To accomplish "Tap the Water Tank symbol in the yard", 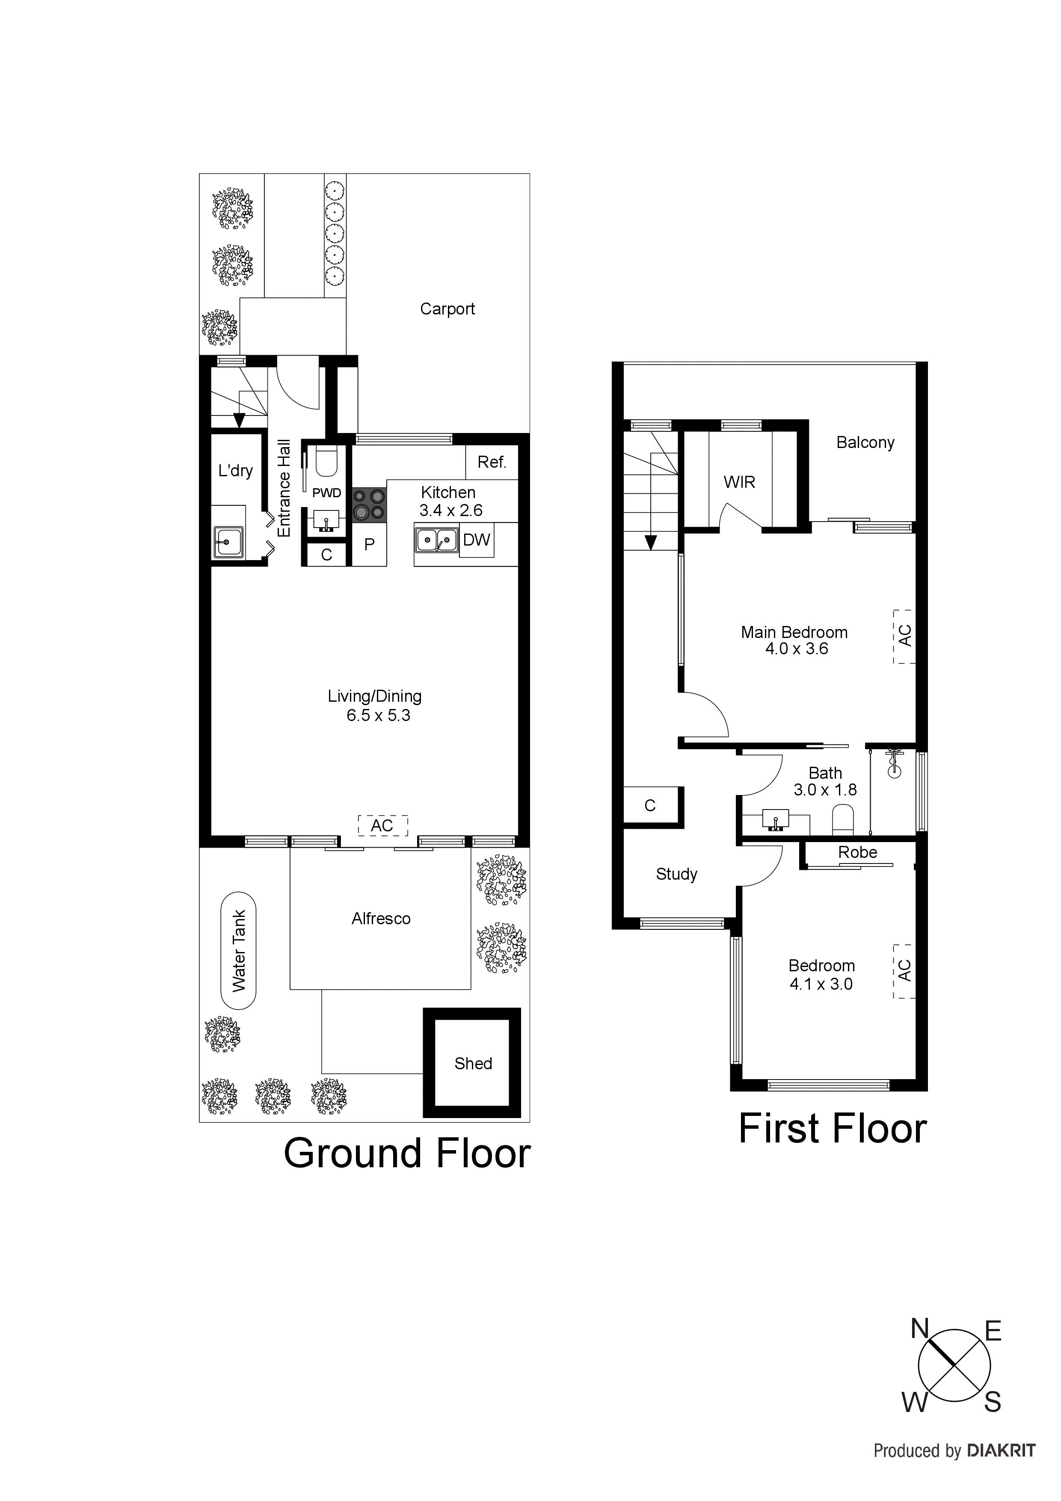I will click(239, 951).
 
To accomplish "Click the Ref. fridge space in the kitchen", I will click(492, 462).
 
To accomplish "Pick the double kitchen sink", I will click(436, 540).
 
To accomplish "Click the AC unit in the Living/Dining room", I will click(382, 826).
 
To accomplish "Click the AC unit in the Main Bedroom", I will click(905, 636).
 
